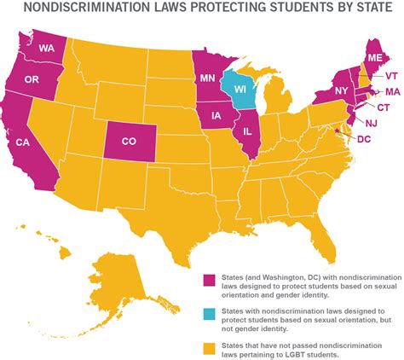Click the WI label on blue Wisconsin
click(241, 89)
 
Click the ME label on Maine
click(374, 57)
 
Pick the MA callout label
click(393, 91)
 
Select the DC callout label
click(364, 138)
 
